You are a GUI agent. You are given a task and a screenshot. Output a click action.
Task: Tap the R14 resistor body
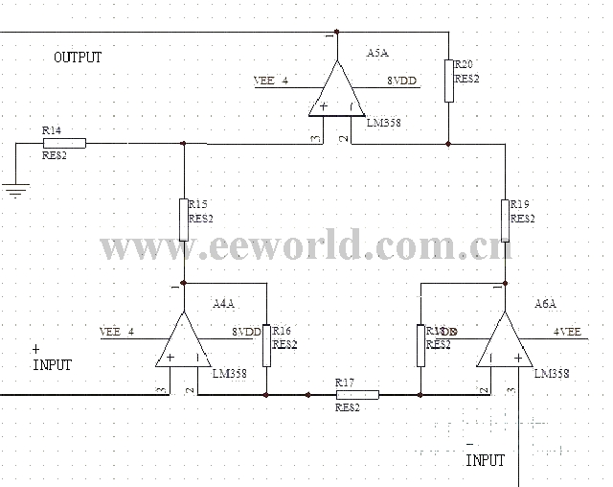65,143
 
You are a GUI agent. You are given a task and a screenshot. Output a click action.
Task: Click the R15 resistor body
183,220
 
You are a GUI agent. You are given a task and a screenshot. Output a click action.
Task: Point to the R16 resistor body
266,344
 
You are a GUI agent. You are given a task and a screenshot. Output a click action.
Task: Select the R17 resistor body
356,394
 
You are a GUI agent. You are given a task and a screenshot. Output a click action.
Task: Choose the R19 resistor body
505,220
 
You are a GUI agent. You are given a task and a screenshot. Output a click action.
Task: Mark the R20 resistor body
448,80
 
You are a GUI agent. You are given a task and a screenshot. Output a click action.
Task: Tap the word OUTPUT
78,58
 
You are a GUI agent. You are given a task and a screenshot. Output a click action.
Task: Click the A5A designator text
377,54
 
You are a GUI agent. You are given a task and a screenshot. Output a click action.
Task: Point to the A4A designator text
223,304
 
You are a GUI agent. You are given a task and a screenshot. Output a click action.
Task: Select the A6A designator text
546,304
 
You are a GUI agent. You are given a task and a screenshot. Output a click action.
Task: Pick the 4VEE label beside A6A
567,332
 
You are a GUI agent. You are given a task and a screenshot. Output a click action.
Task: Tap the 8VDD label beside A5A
402,81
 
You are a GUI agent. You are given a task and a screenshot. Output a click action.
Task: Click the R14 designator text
52,129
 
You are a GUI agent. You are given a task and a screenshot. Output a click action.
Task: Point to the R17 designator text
345,383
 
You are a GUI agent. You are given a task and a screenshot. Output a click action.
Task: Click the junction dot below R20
448,144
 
